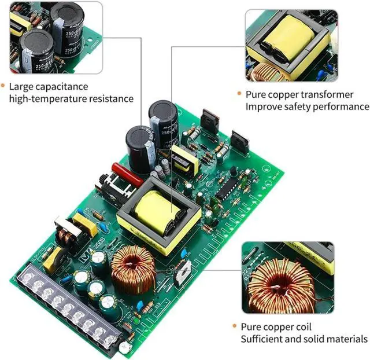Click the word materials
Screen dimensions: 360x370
[x=347, y=339]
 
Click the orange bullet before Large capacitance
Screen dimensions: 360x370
[x=3, y=87]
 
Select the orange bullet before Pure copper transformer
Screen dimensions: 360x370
[x=239, y=94]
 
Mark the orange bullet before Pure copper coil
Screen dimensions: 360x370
[x=235, y=327]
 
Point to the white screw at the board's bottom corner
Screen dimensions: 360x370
[x=124, y=347]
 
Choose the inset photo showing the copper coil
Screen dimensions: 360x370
[x=287, y=277]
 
